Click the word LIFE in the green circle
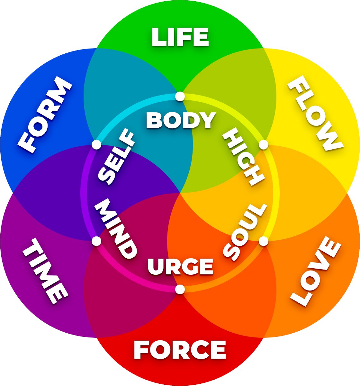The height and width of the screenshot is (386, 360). click(180, 37)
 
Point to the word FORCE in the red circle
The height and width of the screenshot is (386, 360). click(180, 349)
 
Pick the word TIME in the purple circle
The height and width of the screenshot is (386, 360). click(45, 271)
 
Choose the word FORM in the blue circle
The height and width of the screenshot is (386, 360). click(45, 115)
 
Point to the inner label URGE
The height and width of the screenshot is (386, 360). click(180, 266)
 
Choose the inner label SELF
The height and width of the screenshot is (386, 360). click(116, 157)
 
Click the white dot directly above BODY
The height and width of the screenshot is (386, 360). click(180, 96)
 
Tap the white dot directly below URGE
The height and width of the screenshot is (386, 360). click(180, 289)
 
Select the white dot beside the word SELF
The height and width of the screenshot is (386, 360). click(96, 145)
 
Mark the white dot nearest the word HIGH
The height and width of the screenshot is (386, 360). click(264, 145)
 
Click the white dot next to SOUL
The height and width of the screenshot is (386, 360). click(264, 241)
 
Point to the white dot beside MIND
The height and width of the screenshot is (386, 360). click(96, 241)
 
